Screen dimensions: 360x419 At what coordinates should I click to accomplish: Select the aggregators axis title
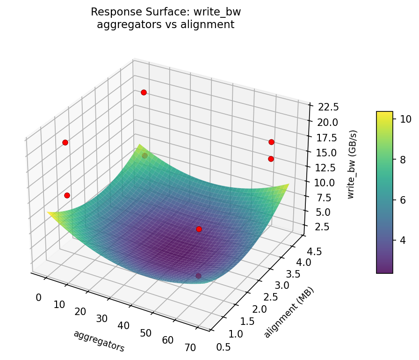(99, 341)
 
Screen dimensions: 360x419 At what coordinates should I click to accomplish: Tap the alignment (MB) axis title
(289, 312)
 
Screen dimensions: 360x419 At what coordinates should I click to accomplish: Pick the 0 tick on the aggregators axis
(38, 298)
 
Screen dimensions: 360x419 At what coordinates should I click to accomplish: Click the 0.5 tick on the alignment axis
(224, 346)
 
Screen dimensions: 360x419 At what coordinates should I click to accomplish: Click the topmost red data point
(144, 92)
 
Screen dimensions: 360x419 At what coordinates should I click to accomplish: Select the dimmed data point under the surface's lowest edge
(198, 276)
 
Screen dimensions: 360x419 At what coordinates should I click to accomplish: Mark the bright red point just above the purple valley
(199, 229)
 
